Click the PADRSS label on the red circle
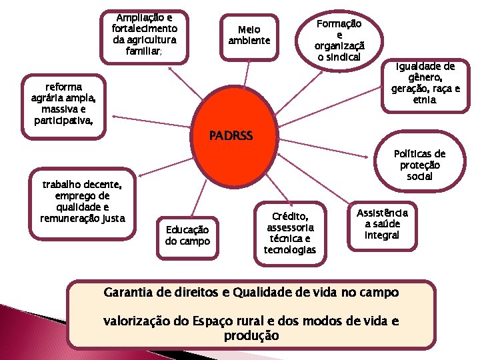[x=231, y=136]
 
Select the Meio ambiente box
[x=249, y=35]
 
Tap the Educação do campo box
[x=187, y=235]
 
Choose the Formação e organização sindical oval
[x=339, y=41]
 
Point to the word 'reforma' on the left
[x=63, y=87]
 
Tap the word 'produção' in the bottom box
[x=251, y=335]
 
